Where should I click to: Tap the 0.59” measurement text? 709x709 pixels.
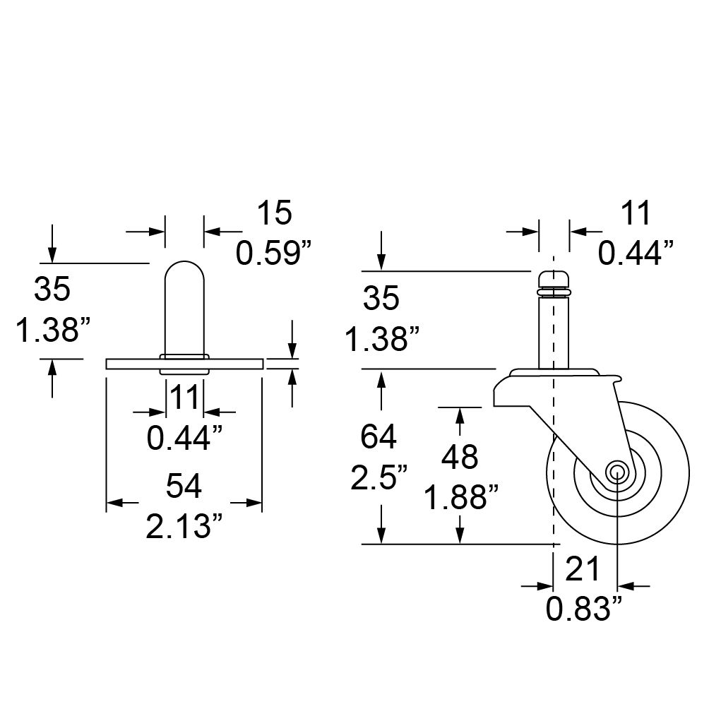(273, 253)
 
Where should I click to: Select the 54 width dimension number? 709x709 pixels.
(184, 487)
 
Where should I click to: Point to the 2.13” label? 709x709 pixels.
(184, 526)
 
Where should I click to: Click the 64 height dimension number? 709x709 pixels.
(379, 437)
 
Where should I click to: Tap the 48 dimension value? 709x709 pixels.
(460, 457)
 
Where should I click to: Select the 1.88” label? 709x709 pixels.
(460, 497)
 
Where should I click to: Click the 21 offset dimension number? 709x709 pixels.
(583, 569)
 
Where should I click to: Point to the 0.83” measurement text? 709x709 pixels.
(584, 609)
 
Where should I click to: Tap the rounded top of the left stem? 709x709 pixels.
(184, 262)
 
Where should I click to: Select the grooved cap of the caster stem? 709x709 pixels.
(554, 283)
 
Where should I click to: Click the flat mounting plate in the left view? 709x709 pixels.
(184, 364)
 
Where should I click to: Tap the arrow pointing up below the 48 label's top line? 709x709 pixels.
(460, 415)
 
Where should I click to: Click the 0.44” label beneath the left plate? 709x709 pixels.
(184, 438)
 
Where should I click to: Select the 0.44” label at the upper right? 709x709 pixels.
(636, 253)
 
